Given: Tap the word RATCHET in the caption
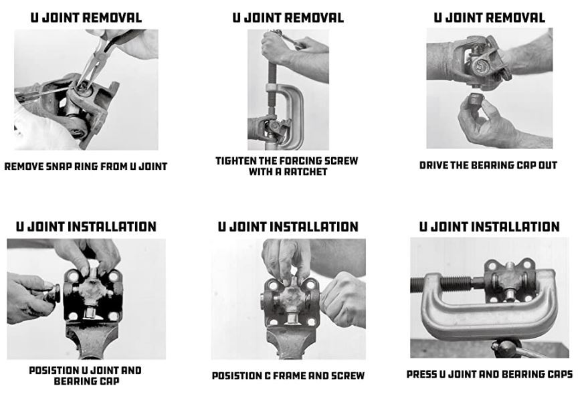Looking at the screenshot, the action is tap(306, 172).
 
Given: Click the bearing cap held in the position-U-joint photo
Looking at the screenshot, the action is tap(52, 293).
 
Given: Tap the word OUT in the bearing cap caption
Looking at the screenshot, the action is tap(549, 165).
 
